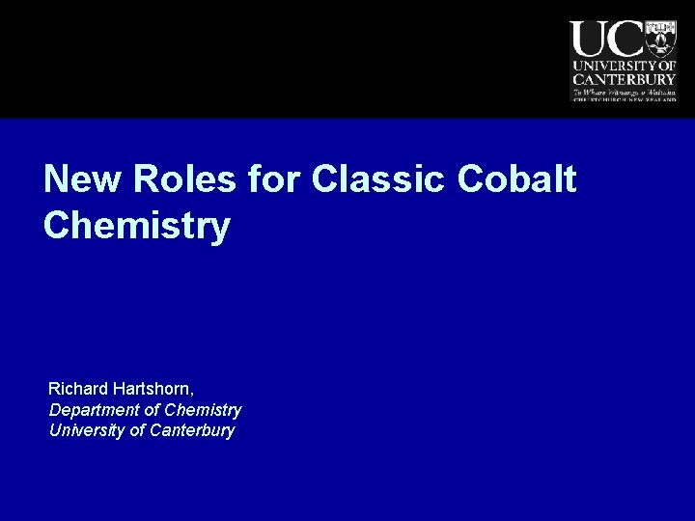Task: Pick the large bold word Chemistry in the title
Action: [137, 226]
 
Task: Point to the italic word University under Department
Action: [84, 430]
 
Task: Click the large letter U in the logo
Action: [589, 40]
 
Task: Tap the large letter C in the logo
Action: [625, 40]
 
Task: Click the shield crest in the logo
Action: [661, 38]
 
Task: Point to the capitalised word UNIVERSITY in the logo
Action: [611, 65]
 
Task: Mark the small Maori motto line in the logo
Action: [623, 91]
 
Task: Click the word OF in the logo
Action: [665, 65]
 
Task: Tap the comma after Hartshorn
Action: [193, 394]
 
